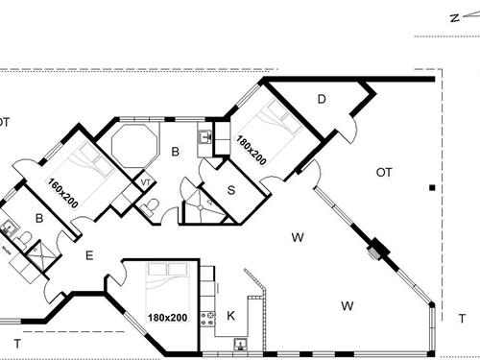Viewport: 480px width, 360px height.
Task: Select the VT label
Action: click(144, 180)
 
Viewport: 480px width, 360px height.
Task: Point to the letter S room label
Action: click(230, 188)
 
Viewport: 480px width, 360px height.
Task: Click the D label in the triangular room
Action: click(322, 98)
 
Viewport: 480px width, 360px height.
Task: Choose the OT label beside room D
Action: click(384, 172)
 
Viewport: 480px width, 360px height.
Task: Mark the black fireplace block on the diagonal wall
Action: click(378, 251)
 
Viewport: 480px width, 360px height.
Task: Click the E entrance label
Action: click(88, 255)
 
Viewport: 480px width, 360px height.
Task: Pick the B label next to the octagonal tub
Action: click(175, 151)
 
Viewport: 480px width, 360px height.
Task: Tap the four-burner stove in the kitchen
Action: click(206, 319)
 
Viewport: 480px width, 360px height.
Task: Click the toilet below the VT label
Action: click(150, 204)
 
